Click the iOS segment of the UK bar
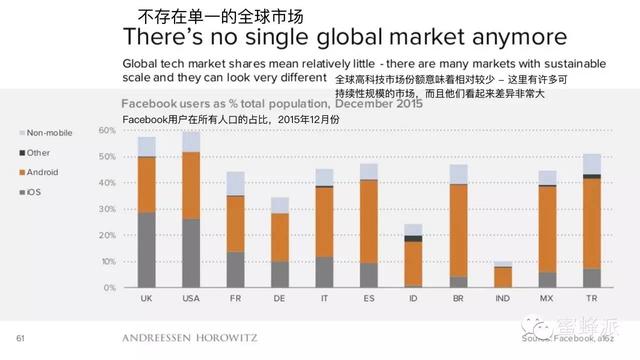click(146, 249)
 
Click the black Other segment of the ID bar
click(413, 238)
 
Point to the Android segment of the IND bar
click(502, 277)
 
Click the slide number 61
click(19, 337)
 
